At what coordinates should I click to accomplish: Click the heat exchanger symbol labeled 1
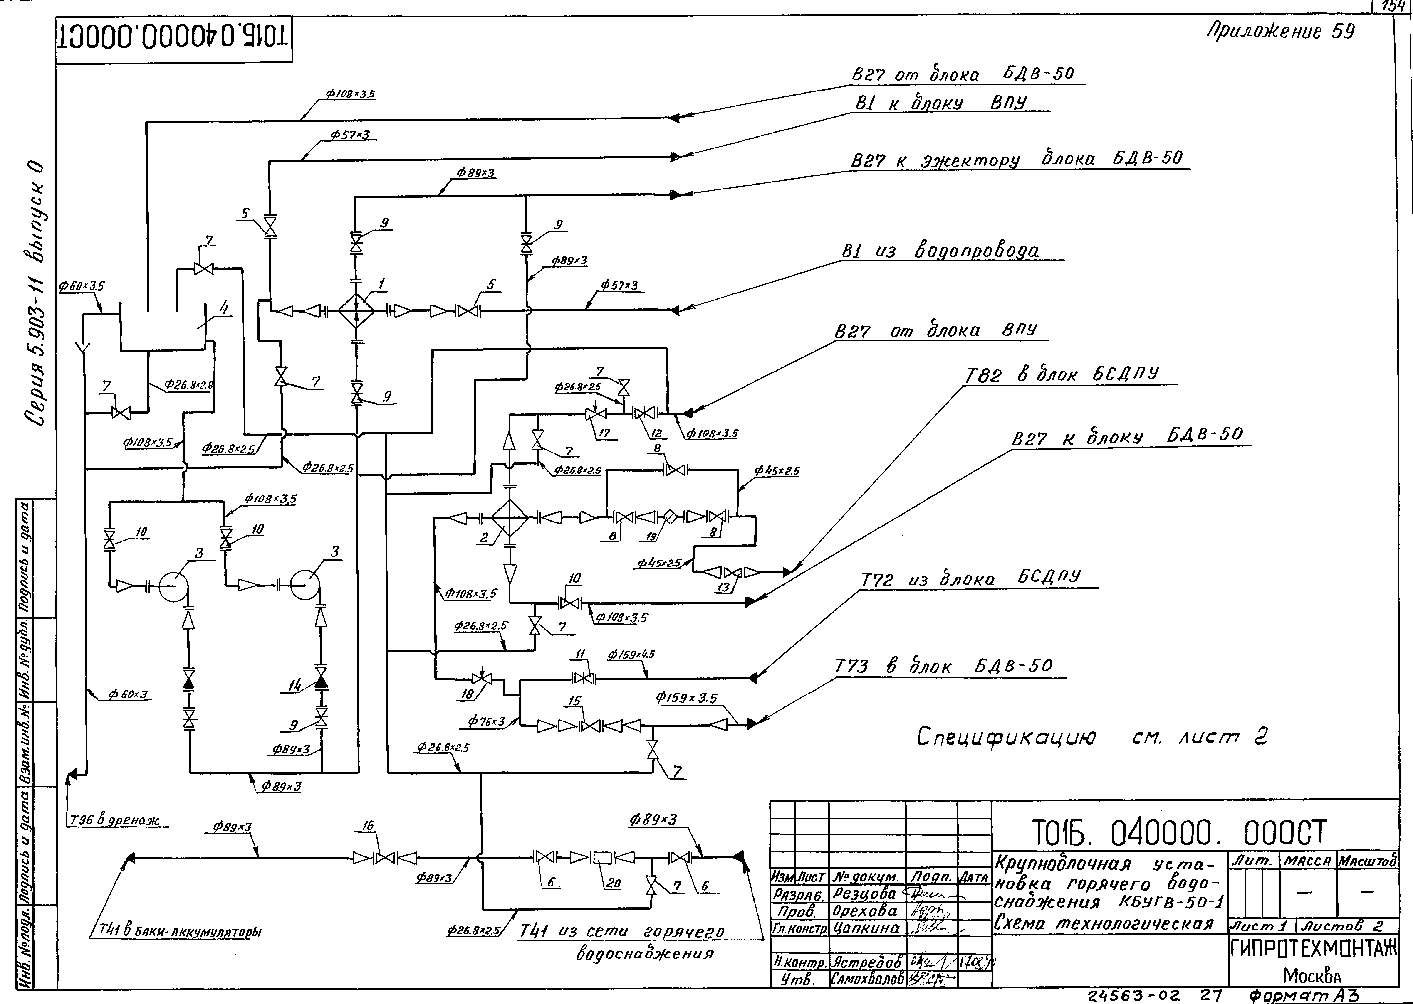[x=356, y=310]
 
